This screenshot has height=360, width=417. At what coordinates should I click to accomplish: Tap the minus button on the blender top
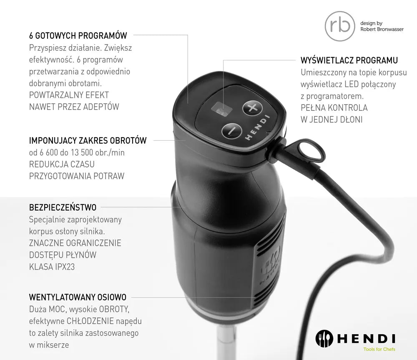(231, 130)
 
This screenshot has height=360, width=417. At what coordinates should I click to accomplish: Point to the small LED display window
(223, 109)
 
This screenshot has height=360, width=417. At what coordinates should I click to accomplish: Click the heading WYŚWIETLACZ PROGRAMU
(349, 60)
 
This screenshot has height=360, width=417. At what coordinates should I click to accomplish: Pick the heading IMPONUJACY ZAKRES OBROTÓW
(88, 140)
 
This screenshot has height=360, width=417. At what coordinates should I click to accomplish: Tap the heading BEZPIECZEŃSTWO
(63, 207)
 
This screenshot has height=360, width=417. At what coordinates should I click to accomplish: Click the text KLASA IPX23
(52, 267)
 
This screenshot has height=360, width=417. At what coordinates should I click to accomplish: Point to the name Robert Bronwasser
(382, 30)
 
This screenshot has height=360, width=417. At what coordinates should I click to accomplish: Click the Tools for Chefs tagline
(379, 349)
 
